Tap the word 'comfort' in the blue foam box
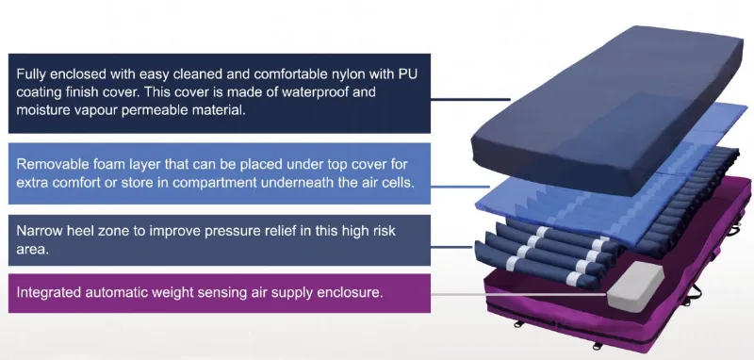coord(80,181)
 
